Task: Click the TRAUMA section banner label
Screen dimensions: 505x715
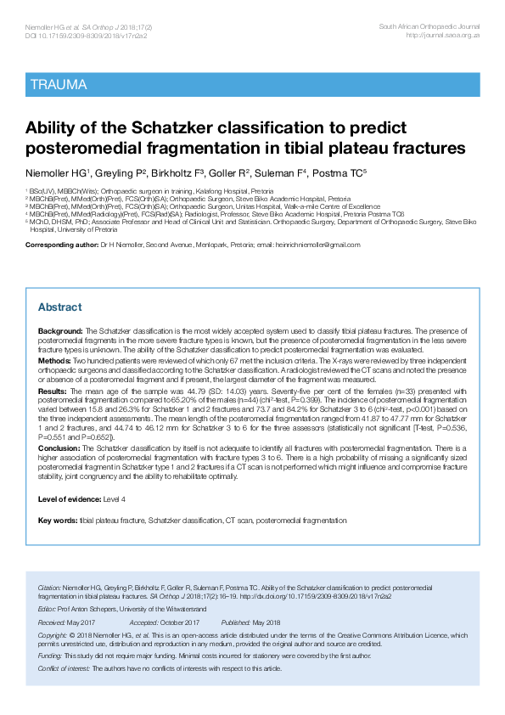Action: pos(58,84)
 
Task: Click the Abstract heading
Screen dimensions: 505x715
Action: pos(60,307)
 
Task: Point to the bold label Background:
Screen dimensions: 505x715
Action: pos(60,329)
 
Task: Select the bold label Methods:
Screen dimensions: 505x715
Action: pos(55,360)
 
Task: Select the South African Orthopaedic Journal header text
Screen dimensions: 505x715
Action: pos(428,28)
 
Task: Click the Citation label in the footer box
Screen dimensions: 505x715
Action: pos(50,588)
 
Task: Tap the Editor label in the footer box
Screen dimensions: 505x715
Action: pos(47,610)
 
